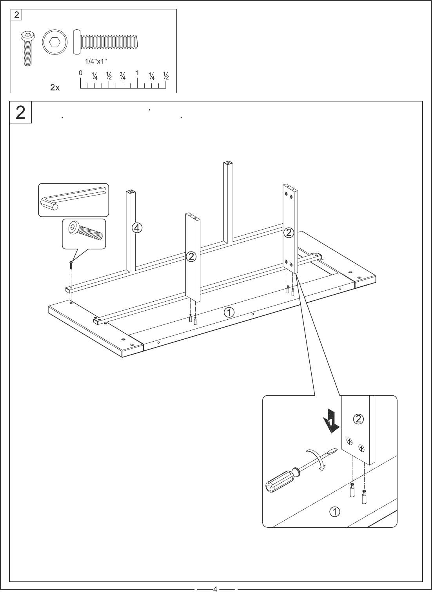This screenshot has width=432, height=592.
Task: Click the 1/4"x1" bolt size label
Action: click(96, 61)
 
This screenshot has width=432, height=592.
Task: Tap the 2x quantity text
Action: click(55, 88)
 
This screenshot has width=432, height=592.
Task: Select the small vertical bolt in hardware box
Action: click(27, 49)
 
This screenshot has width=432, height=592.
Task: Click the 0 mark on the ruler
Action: click(80, 73)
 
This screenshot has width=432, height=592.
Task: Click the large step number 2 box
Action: click(20, 112)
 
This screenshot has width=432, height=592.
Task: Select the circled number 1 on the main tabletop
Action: click(229, 312)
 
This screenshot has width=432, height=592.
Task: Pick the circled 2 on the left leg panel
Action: click(191, 257)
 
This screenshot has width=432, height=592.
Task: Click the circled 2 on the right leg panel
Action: click(289, 233)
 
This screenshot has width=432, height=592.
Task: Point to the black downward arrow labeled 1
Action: click(331, 421)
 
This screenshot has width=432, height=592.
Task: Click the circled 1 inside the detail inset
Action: click(334, 512)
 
